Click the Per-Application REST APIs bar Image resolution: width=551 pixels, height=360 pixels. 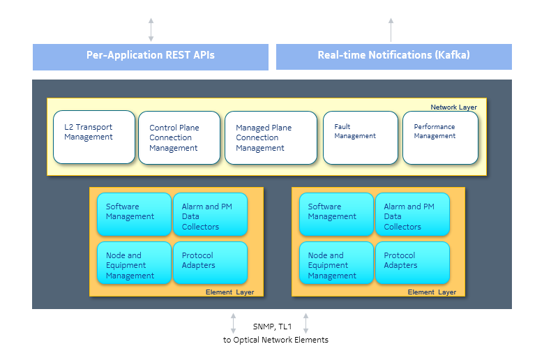tap(150, 56)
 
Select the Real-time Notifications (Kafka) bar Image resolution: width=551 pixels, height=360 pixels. tap(393, 56)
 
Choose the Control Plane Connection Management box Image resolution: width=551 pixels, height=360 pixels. tap(179, 138)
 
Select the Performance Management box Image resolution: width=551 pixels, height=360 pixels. tap(440, 137)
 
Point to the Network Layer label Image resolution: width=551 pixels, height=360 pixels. tap(453, 107)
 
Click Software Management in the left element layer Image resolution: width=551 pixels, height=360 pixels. tap(134, 213)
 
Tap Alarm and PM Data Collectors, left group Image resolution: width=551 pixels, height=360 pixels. tap(210, 215)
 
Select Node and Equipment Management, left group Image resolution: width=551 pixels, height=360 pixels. tap(134, 264)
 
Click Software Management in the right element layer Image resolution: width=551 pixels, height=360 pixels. tap(336, 213)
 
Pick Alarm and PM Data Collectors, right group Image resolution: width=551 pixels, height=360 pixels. tap(412, 215)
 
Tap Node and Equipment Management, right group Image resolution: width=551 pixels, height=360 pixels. tap(336, 264)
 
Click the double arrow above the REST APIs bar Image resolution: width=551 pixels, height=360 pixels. tap(151, 29)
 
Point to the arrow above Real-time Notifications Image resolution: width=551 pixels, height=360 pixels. tap(391, 29)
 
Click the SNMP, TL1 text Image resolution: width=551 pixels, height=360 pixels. tap(269, 326)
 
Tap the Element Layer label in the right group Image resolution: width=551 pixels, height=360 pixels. tap(432, 292)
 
